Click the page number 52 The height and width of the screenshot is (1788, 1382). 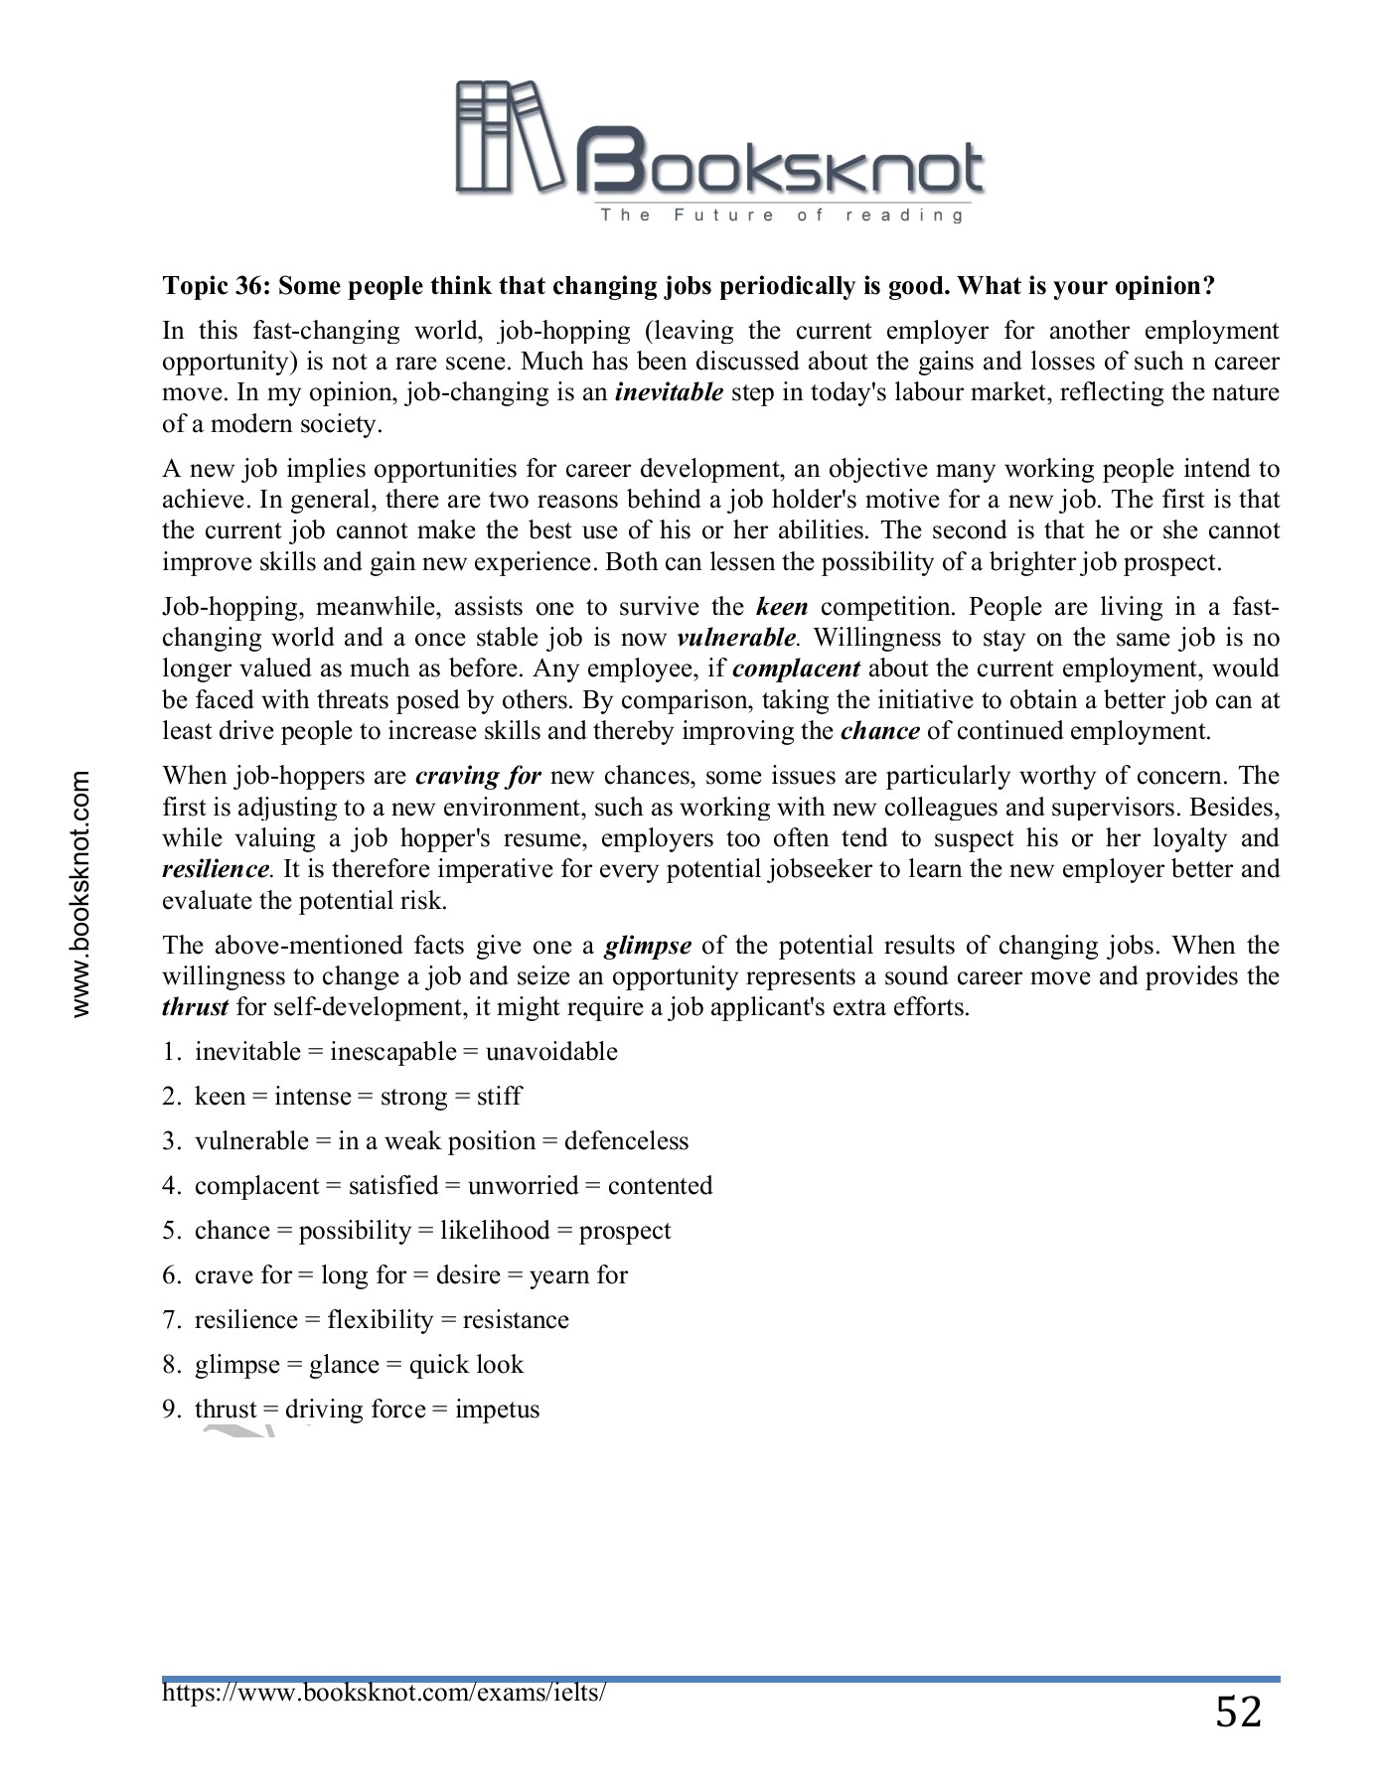coord(1238,1713)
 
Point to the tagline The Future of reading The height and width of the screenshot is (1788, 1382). coord(781,216)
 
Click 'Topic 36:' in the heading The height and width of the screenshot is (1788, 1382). coord(217,286)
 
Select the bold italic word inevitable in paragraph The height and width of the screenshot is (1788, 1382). coord(669,392)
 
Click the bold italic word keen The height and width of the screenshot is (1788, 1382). coord(781,607)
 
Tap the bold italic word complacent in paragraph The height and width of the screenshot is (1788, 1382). coord(796,669)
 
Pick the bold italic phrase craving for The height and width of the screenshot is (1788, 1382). coord(478,776)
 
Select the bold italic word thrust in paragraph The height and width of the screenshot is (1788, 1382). coord(195,1007)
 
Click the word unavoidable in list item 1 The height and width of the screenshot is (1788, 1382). coord(551,1052)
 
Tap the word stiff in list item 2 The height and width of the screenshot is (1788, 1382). coord(499,1097)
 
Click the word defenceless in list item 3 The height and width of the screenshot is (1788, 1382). coord(626,1141)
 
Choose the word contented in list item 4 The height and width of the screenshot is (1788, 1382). coord(660,1186)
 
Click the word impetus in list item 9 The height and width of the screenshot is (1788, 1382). coord(497,1410)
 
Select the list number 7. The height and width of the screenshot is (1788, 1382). coord(170,1320)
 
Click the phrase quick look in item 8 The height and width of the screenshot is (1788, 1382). coord(466,1365)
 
